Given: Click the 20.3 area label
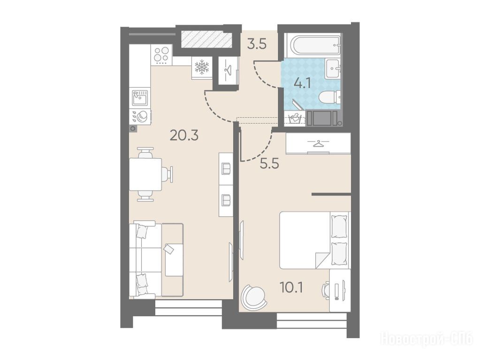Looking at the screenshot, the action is point(184,135).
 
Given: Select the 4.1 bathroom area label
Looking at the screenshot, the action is point(302,83).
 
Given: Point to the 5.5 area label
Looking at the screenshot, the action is point(269,165).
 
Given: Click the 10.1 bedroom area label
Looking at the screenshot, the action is point(291,287).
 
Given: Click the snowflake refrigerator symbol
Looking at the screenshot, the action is point(202,67).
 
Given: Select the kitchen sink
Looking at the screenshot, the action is point(140,97).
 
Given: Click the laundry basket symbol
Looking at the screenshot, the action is point(295,118).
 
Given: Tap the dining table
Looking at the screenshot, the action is point(145,174).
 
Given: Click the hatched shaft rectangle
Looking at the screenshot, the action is point(206,39).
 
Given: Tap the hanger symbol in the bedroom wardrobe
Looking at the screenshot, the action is point(318,143).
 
